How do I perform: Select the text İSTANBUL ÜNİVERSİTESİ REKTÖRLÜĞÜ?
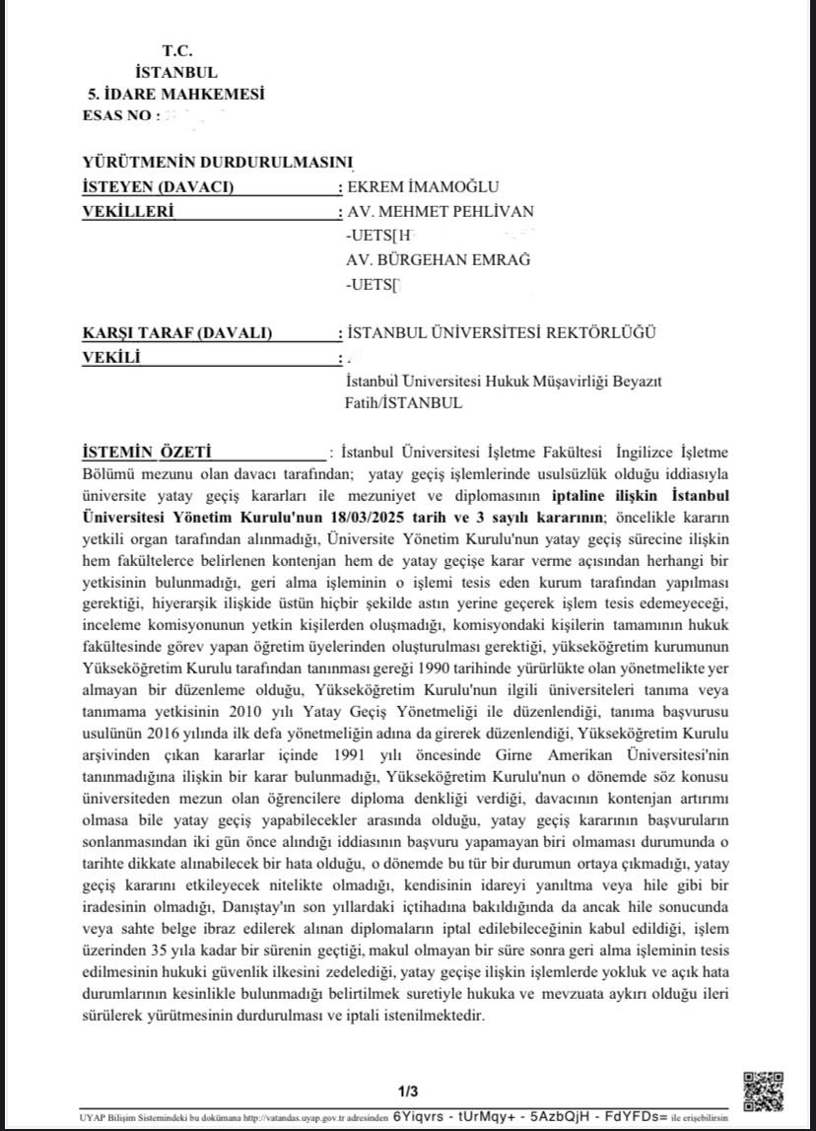[501, 333]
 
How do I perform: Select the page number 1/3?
[408, 1091]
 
